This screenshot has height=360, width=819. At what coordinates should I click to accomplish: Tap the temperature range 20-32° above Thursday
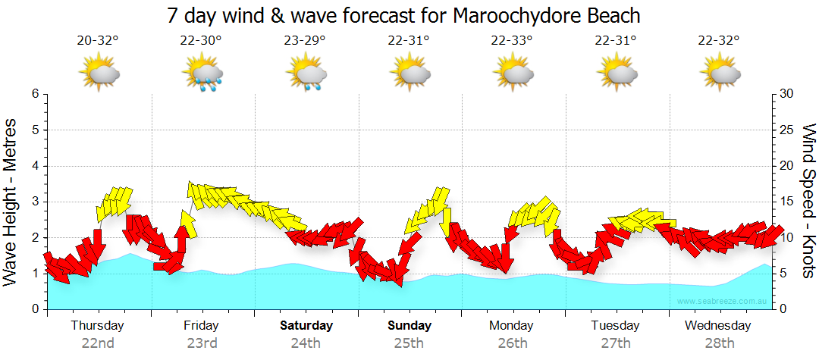[x=98, y=41]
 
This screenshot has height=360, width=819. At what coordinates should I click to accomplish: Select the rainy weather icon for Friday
[x=202, y=74]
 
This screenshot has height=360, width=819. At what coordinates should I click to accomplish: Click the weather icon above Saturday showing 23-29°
[x=306, y=74]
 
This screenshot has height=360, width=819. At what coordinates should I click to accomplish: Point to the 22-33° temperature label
[x=512, y=41]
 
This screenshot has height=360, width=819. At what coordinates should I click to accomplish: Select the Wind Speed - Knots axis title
[x=808, y=201]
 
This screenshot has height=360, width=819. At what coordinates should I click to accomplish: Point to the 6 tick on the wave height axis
[x=34, y=94]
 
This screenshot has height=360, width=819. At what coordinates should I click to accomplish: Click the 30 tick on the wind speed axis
[x=787, y=94]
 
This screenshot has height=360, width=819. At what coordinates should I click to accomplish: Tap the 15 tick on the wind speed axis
[x=786, y=202]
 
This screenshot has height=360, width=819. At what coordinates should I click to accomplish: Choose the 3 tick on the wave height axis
[x=34, y=202]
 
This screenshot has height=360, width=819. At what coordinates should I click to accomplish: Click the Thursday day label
[x=98, y=326]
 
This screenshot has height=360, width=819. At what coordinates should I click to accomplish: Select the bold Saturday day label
[x=306, y=326]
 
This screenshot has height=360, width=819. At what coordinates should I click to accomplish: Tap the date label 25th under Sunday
[x=409, y=343]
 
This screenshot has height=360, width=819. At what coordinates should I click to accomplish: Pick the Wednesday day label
[x=718, y=326]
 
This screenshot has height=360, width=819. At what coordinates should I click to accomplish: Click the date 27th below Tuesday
[x=616, y=343]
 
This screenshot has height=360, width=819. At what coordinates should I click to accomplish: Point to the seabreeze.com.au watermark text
[x=722, y=302]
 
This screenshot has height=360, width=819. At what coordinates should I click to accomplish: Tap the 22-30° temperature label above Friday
[x=202, y=41]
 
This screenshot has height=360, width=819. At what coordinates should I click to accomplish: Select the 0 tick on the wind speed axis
[x=783, y=309]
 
